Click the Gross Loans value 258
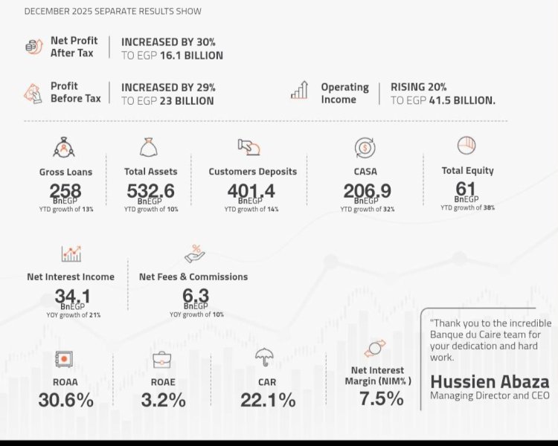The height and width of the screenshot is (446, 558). [65, 191]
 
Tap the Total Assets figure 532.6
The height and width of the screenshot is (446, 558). [150, 191]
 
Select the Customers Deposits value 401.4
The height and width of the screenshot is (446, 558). [251, 191]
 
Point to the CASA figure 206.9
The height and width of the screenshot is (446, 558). [367, 191]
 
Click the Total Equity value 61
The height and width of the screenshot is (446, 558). [466, 189]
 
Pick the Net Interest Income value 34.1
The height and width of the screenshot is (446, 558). [72, 297]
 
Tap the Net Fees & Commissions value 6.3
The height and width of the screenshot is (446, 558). [196, 297]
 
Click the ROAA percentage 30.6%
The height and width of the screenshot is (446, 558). [66, 400]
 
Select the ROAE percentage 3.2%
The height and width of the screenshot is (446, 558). [163, 400]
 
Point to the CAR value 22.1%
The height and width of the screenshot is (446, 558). [267, 400]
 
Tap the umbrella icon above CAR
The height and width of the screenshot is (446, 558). [263, 358]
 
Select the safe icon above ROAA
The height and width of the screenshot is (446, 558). [65, 359]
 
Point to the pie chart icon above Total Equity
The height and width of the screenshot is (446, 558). [466, 144]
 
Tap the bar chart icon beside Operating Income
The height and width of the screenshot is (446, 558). [300, 91]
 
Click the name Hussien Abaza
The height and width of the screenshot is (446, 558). [490, 382]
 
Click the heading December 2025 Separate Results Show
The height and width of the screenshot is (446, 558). [112, 11]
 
